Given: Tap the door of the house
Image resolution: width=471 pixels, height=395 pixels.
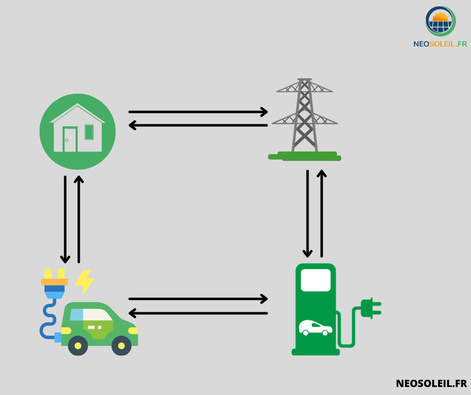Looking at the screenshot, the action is (70, 139).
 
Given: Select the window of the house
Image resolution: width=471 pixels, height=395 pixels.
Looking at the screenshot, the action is (89, 132).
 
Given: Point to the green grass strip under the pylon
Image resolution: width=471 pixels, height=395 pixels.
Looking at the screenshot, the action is (305, 156).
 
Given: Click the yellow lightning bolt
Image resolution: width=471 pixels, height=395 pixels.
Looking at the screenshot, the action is (85, 282).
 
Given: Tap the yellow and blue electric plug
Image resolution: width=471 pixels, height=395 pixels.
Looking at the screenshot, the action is (55, 284).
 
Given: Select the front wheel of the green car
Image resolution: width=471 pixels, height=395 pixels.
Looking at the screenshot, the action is (121, 346).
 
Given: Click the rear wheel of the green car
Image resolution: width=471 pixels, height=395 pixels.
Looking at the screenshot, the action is (78, 346).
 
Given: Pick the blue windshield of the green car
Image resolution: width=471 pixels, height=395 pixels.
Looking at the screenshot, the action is (76, 315).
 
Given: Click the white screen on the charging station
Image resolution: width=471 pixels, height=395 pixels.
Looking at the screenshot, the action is (316, 280).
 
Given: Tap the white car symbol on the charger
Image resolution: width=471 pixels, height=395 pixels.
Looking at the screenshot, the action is (315, 328).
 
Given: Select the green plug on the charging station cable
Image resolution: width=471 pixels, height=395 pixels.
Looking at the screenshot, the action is (371, 308).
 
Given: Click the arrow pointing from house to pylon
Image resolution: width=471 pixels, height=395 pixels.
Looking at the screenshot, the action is (198, 112).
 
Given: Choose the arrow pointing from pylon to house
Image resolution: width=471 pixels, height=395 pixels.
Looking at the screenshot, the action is (198, 125).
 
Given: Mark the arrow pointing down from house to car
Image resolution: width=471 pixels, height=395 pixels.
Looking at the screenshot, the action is (65, 220).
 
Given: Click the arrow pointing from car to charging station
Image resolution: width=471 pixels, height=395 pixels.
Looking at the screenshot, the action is (198, 299).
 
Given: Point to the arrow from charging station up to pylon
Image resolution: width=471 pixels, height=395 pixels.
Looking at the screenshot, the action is (322, 214).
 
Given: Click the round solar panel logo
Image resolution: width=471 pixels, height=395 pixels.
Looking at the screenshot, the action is (440, 22).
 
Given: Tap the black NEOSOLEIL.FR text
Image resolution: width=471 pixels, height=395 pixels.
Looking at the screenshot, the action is (431, 383).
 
